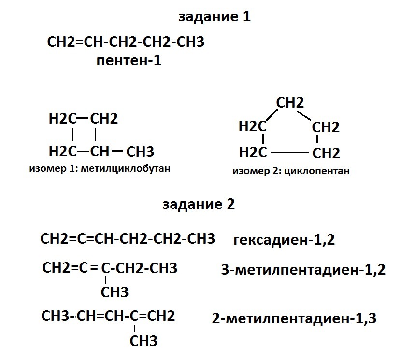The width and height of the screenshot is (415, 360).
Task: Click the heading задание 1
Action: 215,17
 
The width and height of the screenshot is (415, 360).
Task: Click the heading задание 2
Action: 199,204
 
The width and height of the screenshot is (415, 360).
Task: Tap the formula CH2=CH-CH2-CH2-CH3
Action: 126,42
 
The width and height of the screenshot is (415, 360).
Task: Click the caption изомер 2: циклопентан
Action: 290,171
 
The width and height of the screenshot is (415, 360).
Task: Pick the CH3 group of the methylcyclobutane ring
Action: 140,152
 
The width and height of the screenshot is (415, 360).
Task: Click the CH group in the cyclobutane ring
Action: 100,152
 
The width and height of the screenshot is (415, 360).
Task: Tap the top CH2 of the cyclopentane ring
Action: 290,103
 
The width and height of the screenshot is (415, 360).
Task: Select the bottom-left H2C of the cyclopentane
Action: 253,152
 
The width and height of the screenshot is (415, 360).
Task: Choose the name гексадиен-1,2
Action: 284,240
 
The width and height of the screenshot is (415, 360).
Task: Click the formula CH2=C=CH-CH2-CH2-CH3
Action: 128,239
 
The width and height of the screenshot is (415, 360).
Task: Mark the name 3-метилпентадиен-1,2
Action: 303,270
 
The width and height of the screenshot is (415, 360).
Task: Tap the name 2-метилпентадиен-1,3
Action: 294,318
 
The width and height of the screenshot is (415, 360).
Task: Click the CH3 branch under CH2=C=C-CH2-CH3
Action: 114,292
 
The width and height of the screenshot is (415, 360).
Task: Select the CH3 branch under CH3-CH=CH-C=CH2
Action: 143,341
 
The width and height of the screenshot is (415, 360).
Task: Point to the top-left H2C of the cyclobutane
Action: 62,118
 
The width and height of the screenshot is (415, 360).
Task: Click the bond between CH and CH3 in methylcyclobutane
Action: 117,151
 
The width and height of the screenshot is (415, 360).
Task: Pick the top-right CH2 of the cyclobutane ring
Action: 104,118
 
